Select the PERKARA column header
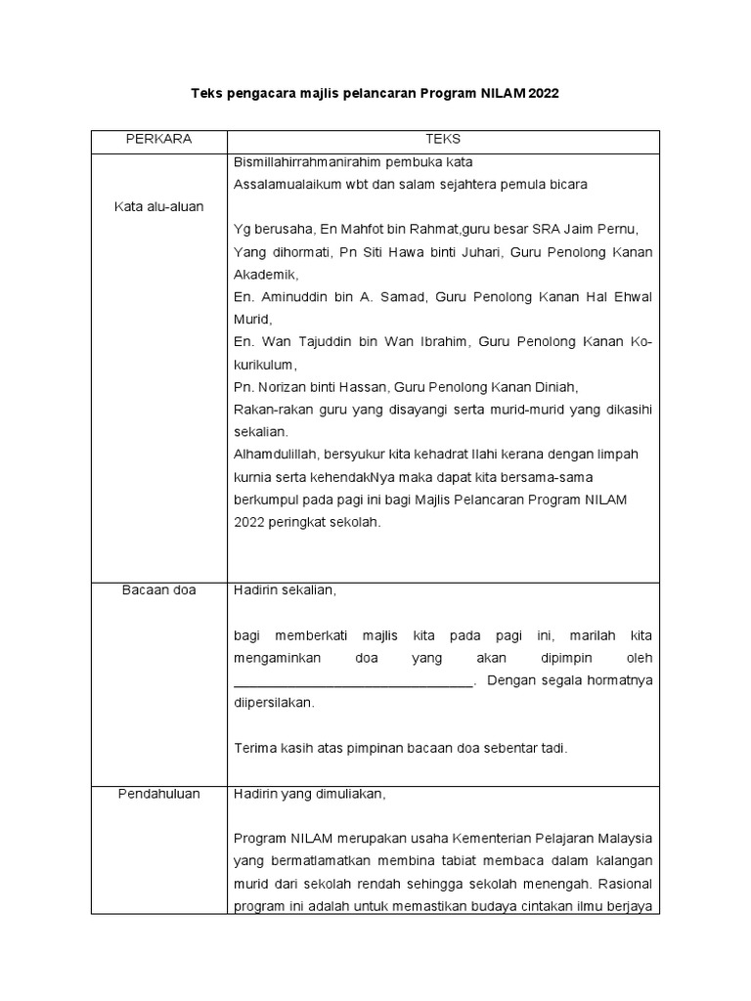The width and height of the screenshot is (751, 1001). coord(158,140)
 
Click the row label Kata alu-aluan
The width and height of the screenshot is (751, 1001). coord(158,206)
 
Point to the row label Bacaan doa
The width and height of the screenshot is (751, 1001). coord(158,589)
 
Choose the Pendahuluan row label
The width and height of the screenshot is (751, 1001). coord(158,794)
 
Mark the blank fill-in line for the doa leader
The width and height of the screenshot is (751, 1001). coord(353,681)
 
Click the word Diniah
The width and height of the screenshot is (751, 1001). coord(561,387)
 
